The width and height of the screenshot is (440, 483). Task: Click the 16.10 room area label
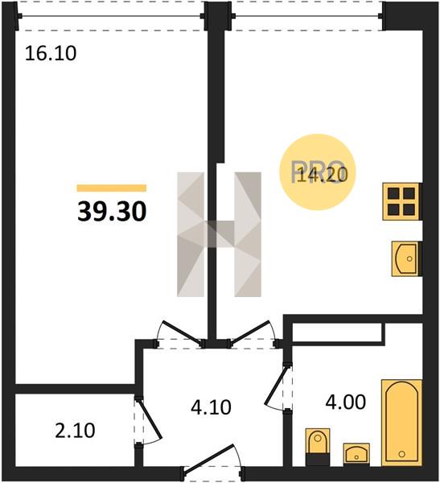click(51, 53)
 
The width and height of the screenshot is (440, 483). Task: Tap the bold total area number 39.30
click(112, 212)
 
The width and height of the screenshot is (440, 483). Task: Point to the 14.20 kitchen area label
click(319, 175)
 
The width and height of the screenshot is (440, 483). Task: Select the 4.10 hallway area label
click(211, 407)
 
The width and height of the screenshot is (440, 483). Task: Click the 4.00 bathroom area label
click(346, 402)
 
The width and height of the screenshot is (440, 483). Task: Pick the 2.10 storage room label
click(75, 431)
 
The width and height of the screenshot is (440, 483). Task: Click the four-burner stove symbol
click(401, 201)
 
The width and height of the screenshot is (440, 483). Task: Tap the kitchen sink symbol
click(405, 258)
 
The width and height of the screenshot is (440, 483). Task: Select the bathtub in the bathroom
click(401, 423)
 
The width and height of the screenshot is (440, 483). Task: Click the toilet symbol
click(318, 446)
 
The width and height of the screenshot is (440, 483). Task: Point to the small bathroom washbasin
click(356, 454)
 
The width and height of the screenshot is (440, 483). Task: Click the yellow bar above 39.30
click(112, 188)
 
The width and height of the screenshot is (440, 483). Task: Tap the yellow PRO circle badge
click(318, 172)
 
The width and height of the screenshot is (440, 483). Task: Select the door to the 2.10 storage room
click(150, 419)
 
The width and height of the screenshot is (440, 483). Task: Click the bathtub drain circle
click(401, 454)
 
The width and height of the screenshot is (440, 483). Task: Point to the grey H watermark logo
click(219, 234)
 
